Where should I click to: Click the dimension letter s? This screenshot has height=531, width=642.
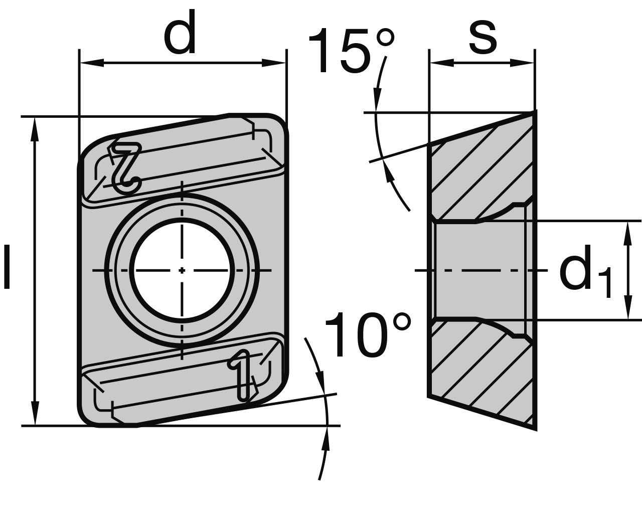[x=483, y=39]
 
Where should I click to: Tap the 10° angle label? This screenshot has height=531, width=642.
[x=368, y=335]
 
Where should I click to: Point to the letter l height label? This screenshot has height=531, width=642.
[x=7, y=267]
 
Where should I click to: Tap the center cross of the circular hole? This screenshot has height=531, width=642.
[x=182, y=270]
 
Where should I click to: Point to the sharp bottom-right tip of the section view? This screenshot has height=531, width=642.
[x=535, y=428]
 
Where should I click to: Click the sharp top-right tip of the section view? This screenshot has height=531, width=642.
[x=535, y=112]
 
